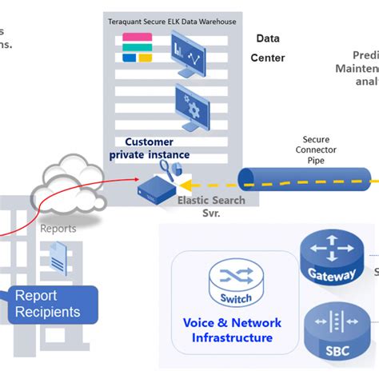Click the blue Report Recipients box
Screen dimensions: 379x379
point(54,305)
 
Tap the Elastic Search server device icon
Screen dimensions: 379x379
point(157,189)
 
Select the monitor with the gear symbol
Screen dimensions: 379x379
point(191,108)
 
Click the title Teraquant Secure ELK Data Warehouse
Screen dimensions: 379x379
point(172,22)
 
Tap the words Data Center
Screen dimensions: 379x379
point(268,48)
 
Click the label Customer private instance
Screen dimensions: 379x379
point(150,148)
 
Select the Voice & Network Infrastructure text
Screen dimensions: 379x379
point(231,330)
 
